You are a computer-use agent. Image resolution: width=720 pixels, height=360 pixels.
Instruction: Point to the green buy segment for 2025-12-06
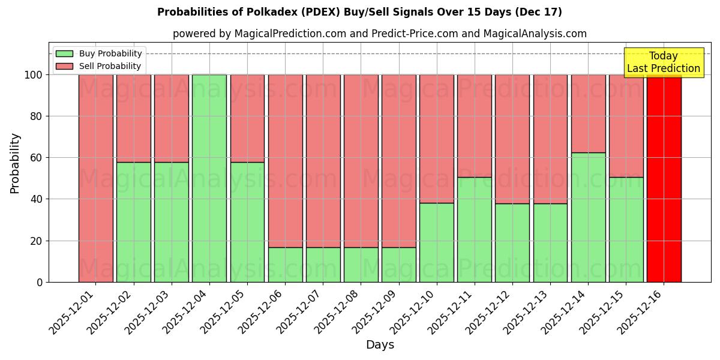pyautogui.click(x=285, y=265)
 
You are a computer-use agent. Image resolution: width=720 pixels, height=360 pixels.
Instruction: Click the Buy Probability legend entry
pyautogui.click(x=99, y=53)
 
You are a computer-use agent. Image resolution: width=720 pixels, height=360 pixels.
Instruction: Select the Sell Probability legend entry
pyautogui.click(x=99, y=66)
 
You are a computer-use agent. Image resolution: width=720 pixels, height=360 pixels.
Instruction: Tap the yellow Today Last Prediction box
pyautogui.click(x=664, y=62)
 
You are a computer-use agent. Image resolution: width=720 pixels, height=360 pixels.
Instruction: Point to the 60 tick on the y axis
pyautogui.click(x=37, y=158)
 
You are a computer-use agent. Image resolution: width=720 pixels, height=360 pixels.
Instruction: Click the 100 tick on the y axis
pyautogui.click(x=34, y=75)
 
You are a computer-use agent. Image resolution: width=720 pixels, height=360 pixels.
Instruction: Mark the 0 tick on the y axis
pyautogui.click(x=40, y=282)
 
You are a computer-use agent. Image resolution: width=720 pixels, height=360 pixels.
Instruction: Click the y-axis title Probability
pyautogui.click(x=15, y=163)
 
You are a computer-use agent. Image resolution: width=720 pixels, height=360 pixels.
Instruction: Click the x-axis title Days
pyautogui.click(x=380, y=345)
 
